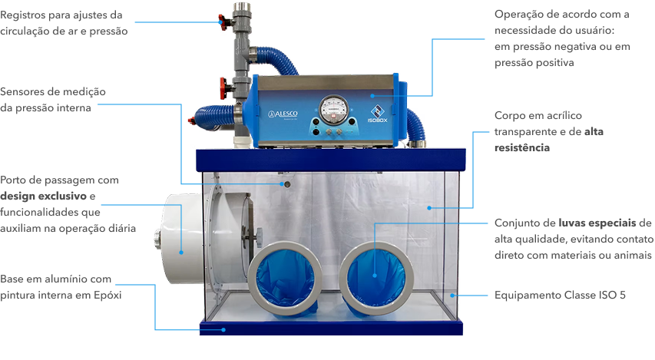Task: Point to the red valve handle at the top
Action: pos(223,18)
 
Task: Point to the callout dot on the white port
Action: pos(181,251)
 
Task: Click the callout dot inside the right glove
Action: pos(375,274)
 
